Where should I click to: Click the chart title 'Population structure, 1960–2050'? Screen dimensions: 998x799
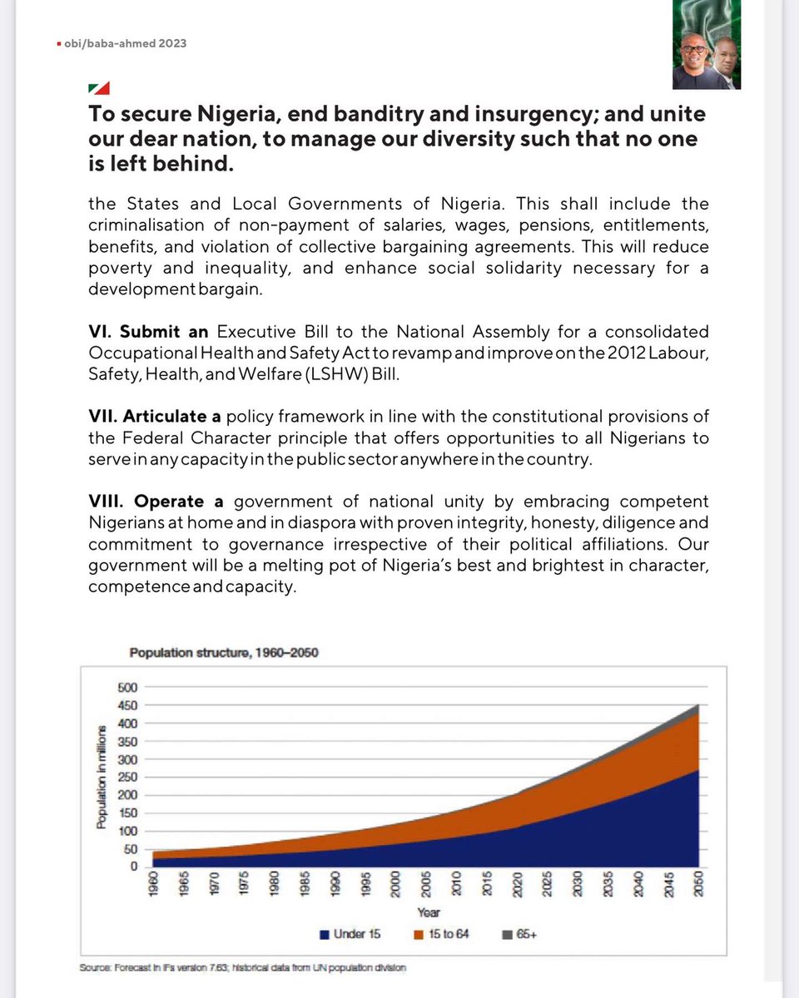tap(223, 653)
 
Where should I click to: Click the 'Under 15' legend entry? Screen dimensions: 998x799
tap(350, 934)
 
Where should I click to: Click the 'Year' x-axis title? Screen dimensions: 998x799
tap(429, 912)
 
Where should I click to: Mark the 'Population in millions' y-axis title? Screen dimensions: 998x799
tap(102, 777)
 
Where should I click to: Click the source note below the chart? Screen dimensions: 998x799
tap(243, 968)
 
